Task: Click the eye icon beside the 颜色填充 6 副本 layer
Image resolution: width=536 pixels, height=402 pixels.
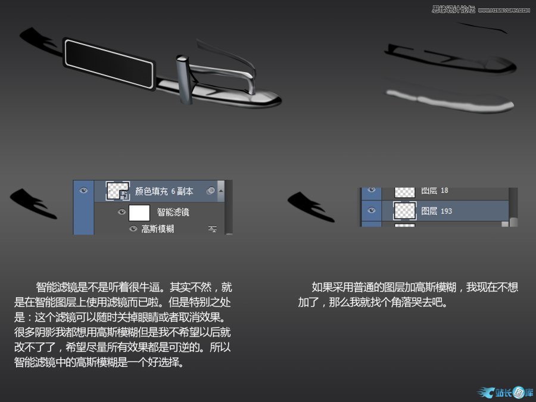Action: [83, 191]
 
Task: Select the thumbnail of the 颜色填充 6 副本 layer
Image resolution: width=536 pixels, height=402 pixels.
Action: [117, 191]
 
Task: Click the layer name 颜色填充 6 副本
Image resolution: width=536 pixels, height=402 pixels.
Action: [164, 191]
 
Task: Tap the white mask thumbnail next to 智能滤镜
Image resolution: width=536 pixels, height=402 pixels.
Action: [139, 213]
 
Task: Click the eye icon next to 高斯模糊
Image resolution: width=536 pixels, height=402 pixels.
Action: [133, 228]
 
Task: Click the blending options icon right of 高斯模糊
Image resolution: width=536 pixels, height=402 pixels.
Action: [212, 229]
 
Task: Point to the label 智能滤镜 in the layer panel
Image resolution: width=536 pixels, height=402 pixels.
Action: [173, 212]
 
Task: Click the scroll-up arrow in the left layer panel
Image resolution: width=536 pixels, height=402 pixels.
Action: [221, 191]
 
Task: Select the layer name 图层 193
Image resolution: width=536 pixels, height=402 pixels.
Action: [437, 211]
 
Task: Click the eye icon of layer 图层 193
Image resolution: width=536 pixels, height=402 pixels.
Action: [371, 210]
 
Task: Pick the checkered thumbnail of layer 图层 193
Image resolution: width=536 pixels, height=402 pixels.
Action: [405, 211]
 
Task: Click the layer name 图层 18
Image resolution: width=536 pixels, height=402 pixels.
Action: [435, 191]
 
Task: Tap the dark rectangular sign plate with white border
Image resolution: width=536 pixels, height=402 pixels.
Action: [109, 64]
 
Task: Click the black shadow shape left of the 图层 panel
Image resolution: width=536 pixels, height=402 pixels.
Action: [311, 207]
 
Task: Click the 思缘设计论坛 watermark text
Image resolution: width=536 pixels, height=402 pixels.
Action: [453, 9]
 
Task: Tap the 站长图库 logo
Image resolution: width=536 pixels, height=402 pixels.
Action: [505, 392]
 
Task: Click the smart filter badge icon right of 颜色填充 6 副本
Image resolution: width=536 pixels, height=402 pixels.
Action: [211, 191]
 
